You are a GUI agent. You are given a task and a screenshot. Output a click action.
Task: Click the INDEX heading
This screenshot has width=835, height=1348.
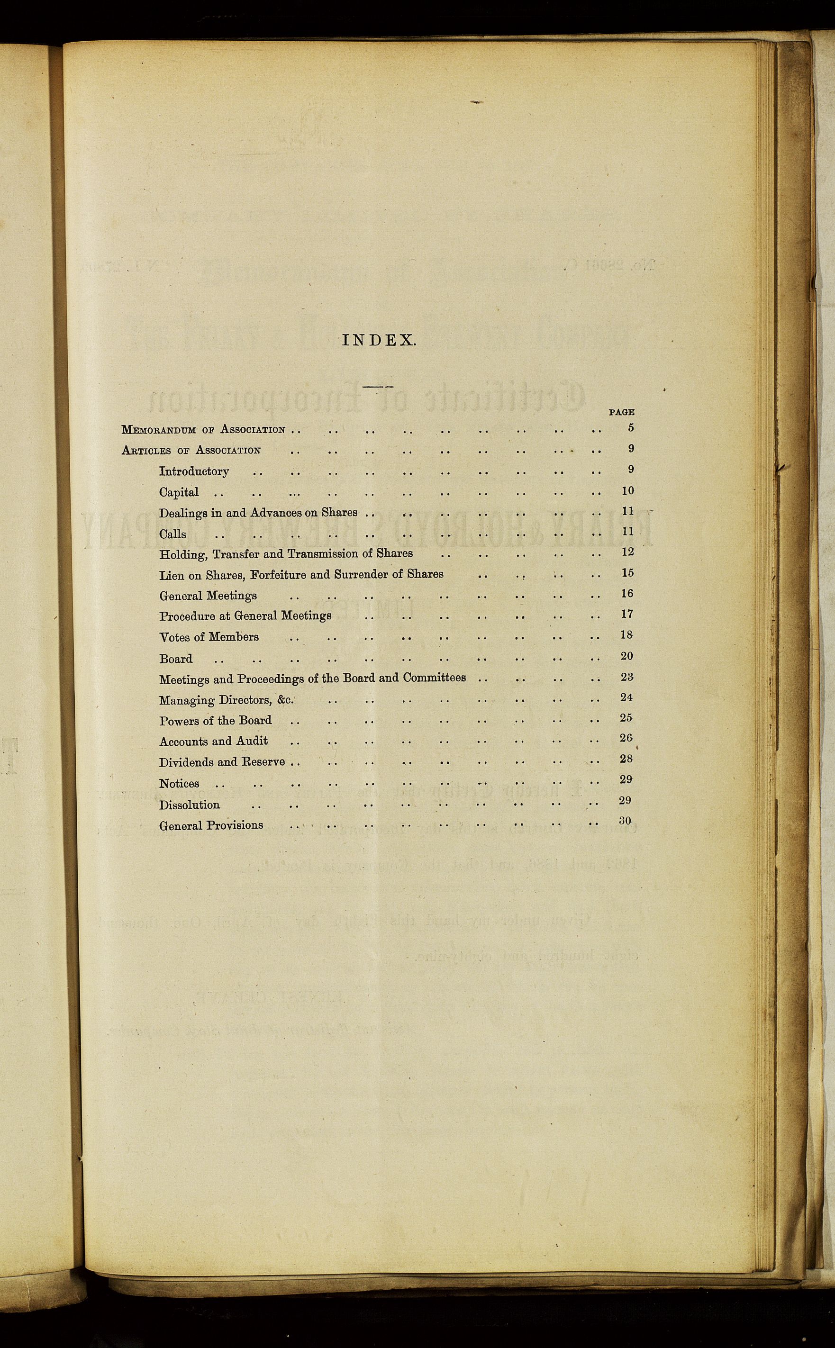coord(378,340)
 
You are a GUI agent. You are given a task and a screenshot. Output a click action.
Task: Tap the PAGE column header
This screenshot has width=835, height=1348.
coord(621,412)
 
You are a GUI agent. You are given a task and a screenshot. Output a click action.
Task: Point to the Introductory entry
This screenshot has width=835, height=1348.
coord(194,471)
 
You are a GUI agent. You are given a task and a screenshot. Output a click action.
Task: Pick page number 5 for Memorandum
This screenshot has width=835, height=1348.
coord(631,428)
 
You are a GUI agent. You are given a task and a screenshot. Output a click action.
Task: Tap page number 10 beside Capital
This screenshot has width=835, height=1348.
coord(627,490)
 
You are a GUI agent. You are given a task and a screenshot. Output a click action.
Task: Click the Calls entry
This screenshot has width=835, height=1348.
coord(173,534)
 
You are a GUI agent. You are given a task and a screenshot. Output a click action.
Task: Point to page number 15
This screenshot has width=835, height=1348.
coord(627,572)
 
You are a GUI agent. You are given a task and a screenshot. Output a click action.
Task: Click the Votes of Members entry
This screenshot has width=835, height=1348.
coord(209,637)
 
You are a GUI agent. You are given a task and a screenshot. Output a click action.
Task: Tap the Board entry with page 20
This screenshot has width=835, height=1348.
coord(176,659)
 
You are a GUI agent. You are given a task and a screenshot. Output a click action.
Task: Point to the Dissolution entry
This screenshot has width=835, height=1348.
coord(190,805)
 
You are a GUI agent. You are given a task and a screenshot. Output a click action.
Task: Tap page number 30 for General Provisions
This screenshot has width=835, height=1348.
coord(625,821)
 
